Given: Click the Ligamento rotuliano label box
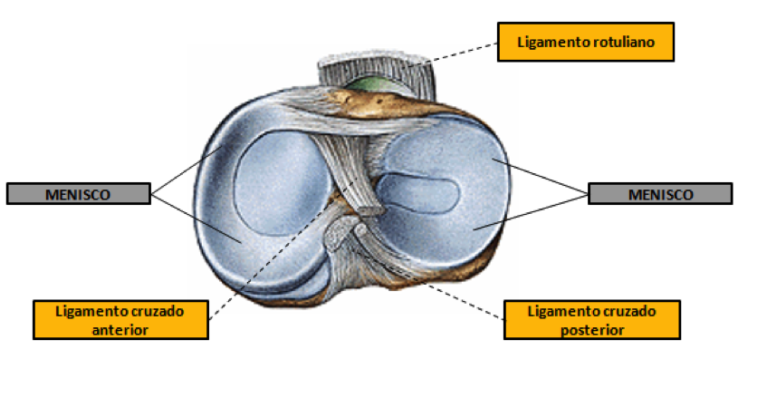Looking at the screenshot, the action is tap(586, 42).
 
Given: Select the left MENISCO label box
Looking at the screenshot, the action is tap(78, 193).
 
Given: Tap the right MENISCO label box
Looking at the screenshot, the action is tap(660, 193).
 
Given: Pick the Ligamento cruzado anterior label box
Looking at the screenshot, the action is tap(120, 320).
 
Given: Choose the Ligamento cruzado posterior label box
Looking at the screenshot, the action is tap(592, 320).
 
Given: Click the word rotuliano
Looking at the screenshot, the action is tap(623, 42).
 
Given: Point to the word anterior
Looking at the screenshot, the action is tap(120, 330).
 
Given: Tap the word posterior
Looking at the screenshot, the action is tap(592, 330).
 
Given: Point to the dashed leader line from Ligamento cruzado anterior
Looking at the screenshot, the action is tap(283, 250).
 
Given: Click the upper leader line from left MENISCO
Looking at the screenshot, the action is tap(187, 170).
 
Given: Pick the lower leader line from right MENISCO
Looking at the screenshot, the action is tap(531, 212).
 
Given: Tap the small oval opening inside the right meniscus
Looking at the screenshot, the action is tap(418, 193).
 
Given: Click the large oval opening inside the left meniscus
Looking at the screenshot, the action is tap(280, 183).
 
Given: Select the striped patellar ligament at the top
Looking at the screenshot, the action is tap(377, 71).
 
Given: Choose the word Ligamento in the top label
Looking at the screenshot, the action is tap(552, 43).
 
